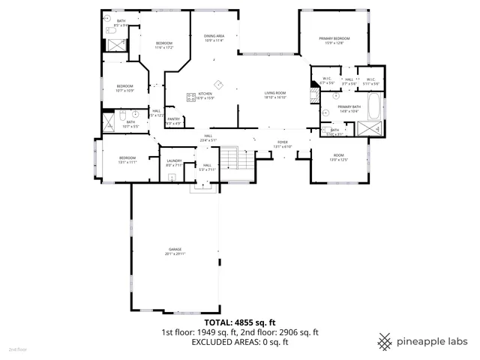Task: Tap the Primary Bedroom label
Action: pos(335,40)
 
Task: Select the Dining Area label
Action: pos(214,38)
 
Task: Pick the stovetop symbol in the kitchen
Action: pos(218,84)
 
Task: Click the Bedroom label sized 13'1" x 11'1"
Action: pos(127,159)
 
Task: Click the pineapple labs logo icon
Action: pos(385,341)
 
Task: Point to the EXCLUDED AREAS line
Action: pos(240,342)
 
